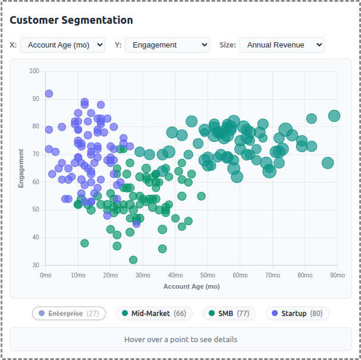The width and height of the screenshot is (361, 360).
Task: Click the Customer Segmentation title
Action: tap(71, 20)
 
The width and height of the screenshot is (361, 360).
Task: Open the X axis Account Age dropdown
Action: tap(62, 45)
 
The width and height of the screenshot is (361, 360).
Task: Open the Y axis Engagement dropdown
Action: tap(167, 45)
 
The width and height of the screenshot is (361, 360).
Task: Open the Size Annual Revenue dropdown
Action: tap(281, 45)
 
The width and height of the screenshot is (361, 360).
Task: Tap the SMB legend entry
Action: tap(228, 314)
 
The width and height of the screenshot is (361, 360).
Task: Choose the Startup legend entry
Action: tap(296, 314)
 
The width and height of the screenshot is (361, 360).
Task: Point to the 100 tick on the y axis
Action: tap(34, 71)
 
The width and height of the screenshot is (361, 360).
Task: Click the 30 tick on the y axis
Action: tap(35, 265)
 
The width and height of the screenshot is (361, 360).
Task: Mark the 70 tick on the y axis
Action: tap(35, 154)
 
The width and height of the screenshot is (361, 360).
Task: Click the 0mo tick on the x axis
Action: tap(46, 275)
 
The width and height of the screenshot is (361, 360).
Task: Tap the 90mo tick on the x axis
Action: tap(337, 275)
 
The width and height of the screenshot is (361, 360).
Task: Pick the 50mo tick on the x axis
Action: tap(208, 275)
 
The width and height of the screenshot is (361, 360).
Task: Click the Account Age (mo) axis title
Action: tap(192, 286)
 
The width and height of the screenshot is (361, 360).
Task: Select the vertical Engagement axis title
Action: tap(21, 168)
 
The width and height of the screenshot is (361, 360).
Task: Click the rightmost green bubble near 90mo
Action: tap(334, 116)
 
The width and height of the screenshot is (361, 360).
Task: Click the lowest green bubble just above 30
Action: tap(133, 260)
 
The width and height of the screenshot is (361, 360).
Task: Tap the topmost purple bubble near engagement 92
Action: tap(49, 94)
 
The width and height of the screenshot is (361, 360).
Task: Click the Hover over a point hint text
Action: tap(181, 340)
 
